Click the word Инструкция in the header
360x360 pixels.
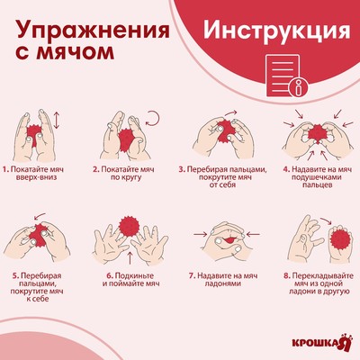[275, 30]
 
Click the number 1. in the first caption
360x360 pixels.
[6, 168]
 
